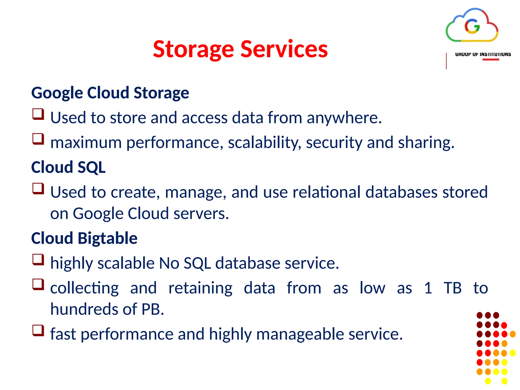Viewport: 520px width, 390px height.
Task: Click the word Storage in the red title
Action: click(x=193, y=50)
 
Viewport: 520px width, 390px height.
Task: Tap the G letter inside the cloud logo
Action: click(x=472, y=26)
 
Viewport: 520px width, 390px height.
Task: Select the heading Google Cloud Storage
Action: click(x=110, y=93)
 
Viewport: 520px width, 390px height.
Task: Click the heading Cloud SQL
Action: click(x=68, y=167)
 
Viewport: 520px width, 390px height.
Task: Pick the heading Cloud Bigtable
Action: click(x=84, y=238)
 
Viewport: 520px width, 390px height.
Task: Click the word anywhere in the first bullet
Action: click(x=344, y=118)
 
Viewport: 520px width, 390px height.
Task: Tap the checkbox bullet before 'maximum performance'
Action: click(x=38, y=139)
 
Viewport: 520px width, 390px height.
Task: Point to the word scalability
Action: click(x=264, y=143)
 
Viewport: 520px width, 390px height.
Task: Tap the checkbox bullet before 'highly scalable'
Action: click(x=38, y=259)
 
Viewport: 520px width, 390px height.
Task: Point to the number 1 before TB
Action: click(x=428, y=288)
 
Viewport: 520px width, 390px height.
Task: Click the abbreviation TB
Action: click(x=452, y=288)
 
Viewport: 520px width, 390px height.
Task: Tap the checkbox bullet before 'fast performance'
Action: click(x=38, y=330)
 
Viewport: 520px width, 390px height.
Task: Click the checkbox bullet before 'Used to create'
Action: click(x=38, y=189)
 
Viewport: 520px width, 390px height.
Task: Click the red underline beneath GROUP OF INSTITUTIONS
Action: click(x=491, y=60)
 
